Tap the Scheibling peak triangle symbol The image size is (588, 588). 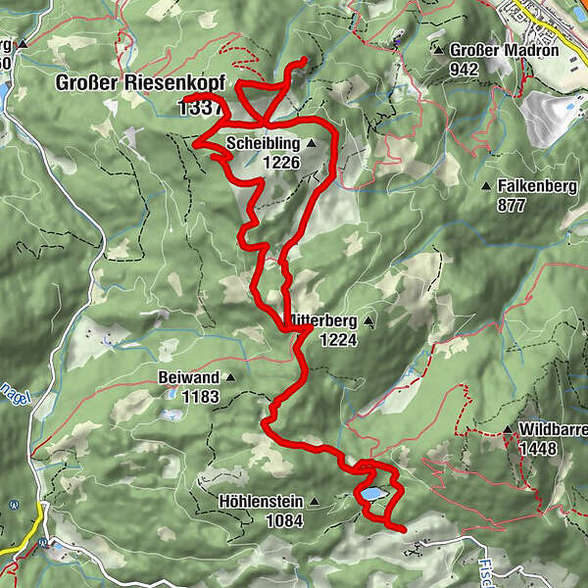click(312, 144)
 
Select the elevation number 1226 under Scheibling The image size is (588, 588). click(280, 163)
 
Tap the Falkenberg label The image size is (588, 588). click(537, 186)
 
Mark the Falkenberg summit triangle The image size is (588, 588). click(486, 186)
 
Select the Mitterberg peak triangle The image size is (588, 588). click(368, 321)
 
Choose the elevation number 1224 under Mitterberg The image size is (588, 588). click(337, 340)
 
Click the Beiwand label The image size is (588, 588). click(189, 377)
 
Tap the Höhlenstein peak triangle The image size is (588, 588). click(315, 503)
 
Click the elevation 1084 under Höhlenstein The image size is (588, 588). click(283, 521)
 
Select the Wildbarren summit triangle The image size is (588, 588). click(508, 430)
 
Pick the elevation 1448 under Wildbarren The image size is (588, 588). click(539, 449)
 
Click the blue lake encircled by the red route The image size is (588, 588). click(373, 495)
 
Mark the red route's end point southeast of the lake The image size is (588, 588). click(404, 529)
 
